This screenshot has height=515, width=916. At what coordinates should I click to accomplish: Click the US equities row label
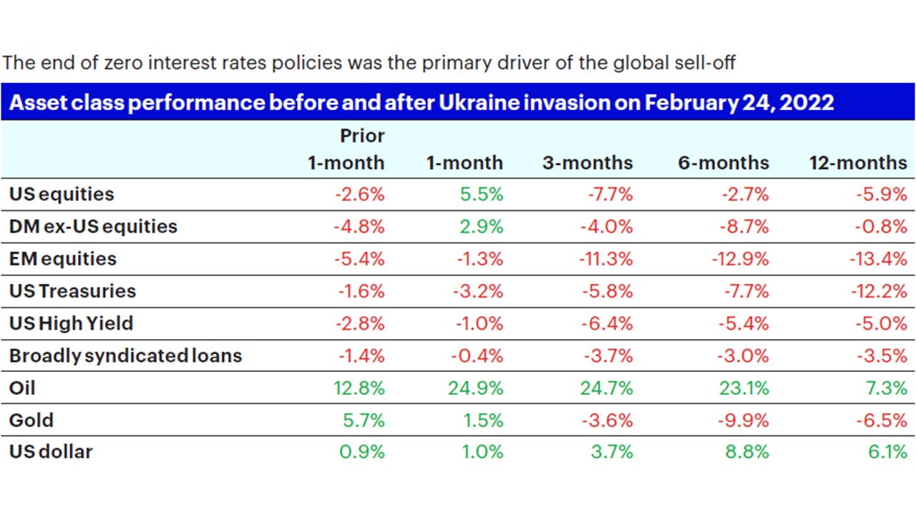62,194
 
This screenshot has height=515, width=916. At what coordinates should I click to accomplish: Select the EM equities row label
62,259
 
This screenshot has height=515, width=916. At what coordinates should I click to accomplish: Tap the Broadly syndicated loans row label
125,355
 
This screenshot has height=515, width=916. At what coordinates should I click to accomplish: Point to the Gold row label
31,420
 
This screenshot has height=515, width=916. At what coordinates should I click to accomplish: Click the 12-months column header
857,163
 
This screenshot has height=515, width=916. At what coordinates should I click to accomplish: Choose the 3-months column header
587,163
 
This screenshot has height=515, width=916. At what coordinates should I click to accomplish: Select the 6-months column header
723,163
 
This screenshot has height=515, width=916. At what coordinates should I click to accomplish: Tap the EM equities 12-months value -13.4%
877,259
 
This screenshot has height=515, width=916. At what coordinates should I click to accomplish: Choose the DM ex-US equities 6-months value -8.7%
744,227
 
